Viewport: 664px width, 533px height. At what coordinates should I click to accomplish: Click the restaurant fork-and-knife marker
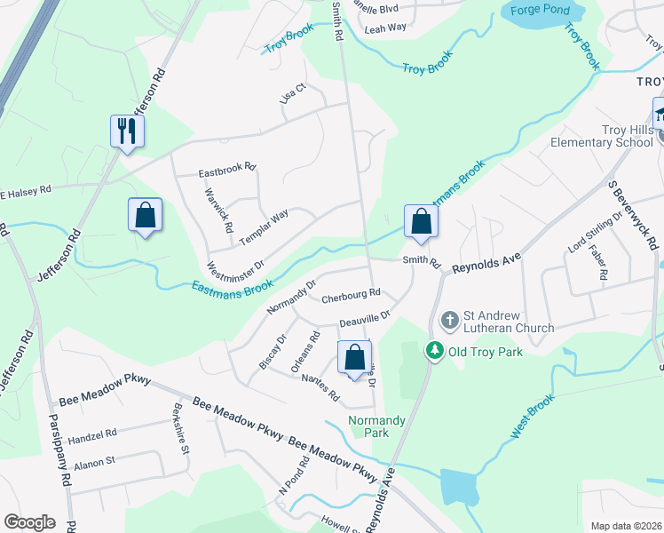point(127,131)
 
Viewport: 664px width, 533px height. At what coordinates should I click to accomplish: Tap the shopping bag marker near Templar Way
point(145,215)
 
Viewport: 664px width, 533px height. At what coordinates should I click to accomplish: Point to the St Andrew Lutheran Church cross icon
point(450,319)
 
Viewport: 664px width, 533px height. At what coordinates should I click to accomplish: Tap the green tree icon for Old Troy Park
point(435,351)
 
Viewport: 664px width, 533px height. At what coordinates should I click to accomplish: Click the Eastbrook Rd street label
point(226,166)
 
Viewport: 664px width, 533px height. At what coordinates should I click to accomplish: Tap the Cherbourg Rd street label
point(351,293)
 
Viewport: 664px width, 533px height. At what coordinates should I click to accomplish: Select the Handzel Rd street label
point(92,434)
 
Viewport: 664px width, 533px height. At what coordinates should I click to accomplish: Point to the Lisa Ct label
point(292,93)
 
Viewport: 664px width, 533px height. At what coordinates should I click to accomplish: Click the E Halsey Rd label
point(26,191)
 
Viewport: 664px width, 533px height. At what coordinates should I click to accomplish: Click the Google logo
point(29,521)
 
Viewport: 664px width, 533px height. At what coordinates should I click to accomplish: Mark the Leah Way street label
point(385,28)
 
